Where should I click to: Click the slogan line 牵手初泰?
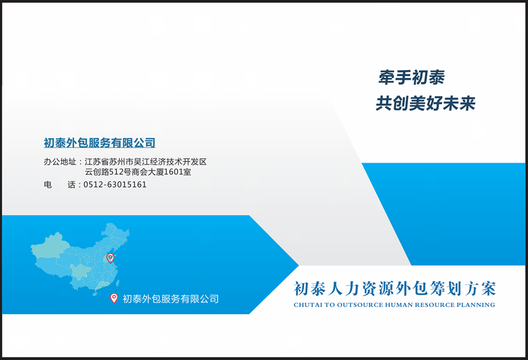pyautogui.click(x=412, y=77)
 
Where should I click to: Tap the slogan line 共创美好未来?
pyautogui.click(x=426, y=103)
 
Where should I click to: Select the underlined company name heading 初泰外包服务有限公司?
pyautogui.click(x=99, y=143)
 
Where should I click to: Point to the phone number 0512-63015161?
pyautogui.click(x=115, y=185)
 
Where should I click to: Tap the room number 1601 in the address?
pyautogui.click(x=173, y=172)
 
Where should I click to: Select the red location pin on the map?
pyautogui.click(x=110, y=258)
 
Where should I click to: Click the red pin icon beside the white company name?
pyautogui.click(x=114, y=298)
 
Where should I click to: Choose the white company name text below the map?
pyautogui.click(x=170, y=298)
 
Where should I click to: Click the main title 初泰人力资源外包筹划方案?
pyautogui.click(x=394, y=289)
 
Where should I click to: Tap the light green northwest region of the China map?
pyautogui.click(x=51, y=245)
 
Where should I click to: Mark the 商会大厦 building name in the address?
pyautogui.click(x=148, y=172)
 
